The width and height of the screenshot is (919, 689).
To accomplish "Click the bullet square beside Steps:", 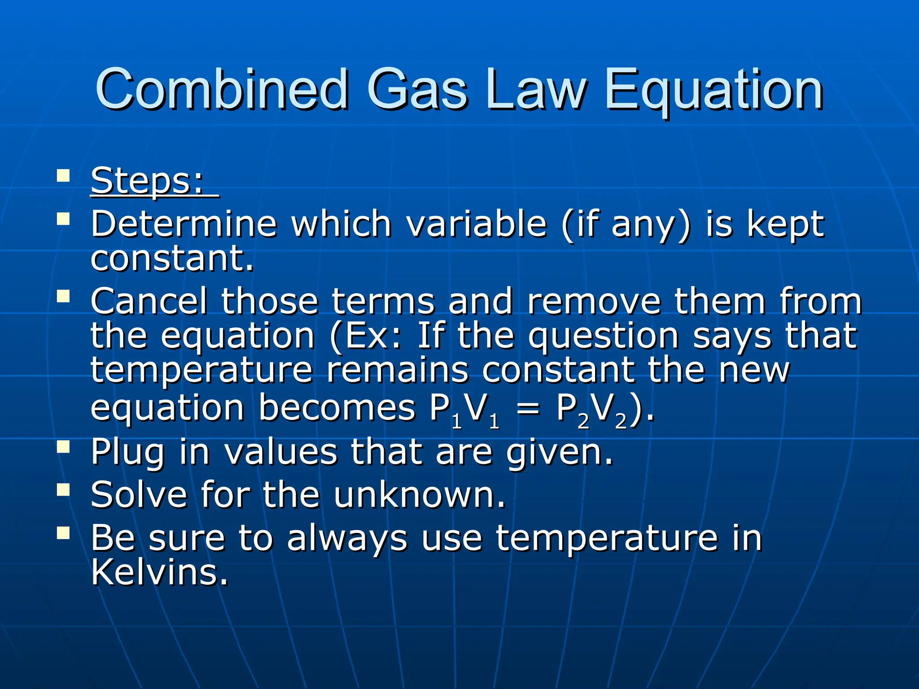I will [x=64, y=175].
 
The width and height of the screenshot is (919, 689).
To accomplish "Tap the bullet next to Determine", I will [x=64, y=219].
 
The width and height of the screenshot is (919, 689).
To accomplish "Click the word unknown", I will [x=420, y=494].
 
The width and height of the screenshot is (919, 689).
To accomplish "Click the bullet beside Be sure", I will [x=64, y=533].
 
